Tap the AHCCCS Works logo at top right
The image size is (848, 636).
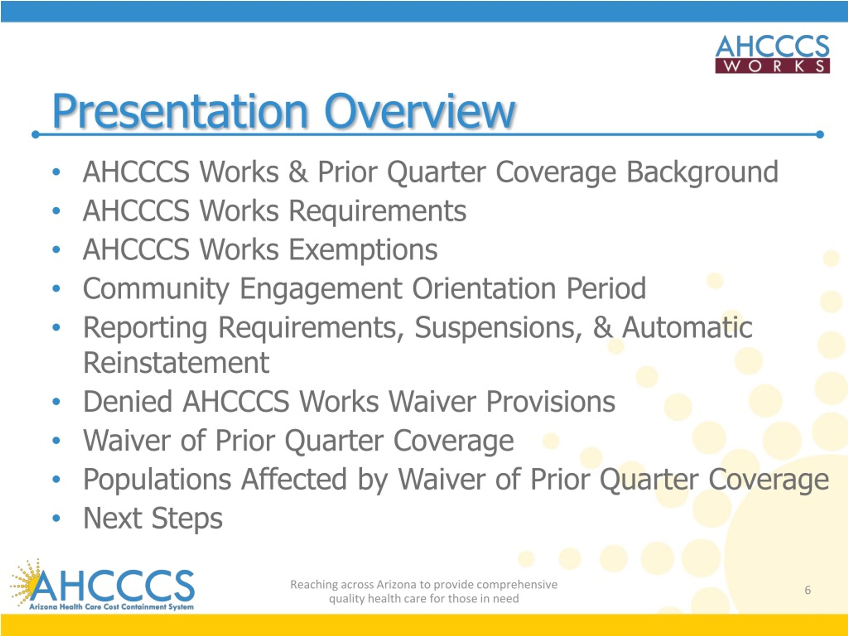pos(772,54)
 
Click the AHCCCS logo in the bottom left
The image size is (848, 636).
pos(102,585)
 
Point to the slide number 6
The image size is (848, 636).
pos(808,590)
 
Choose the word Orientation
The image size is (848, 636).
pos(484,289)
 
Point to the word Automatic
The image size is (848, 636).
pos(687,328)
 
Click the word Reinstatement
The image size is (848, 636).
pos(176,363)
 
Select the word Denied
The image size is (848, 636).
pos(128,402)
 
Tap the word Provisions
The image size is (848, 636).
pos(551,402)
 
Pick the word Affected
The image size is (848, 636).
pos(294,479)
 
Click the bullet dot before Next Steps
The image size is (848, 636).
pos(56,518)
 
